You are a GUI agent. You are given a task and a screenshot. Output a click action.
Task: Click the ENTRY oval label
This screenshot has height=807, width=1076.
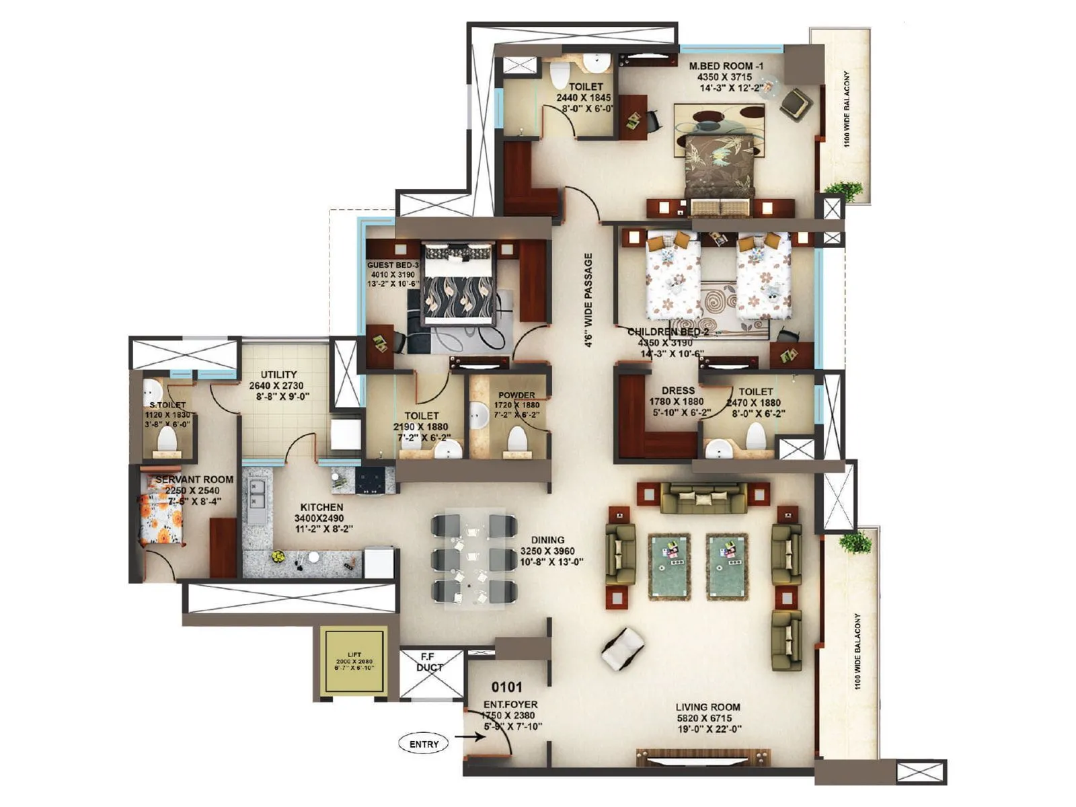point(424,744)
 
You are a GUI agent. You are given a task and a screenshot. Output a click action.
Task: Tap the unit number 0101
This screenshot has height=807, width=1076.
point(506,687)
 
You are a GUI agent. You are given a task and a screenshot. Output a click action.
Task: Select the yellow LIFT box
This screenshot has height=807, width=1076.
point(354,662)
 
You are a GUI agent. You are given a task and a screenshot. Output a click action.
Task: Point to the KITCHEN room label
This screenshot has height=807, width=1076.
point(321,507)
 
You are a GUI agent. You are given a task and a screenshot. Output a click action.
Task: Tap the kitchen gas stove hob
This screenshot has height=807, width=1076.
point(370,480)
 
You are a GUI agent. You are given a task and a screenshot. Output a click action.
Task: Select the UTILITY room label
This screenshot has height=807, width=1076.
point(278,375)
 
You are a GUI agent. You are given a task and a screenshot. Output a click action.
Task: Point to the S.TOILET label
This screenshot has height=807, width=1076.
point(167,405)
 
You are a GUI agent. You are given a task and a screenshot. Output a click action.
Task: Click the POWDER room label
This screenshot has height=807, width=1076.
point(516,395)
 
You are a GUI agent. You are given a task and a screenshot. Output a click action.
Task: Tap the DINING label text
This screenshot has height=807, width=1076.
point(547,539)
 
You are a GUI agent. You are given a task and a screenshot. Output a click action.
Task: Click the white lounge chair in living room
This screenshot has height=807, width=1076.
point(622,648)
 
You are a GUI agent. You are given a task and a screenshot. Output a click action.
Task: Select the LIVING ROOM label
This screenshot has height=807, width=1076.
point(707,707)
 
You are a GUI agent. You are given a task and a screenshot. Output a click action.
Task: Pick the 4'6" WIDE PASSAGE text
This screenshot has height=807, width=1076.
point(588,300)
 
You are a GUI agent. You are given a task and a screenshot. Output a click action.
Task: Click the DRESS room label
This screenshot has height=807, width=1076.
point(678,390)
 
